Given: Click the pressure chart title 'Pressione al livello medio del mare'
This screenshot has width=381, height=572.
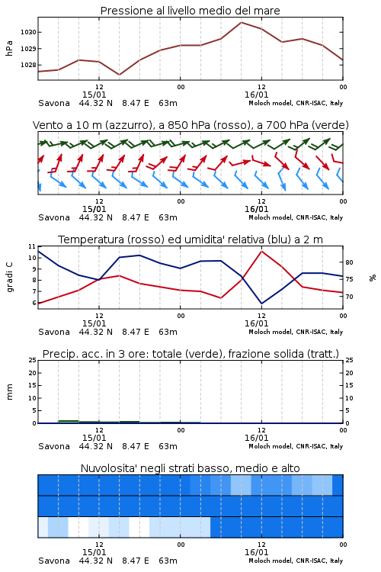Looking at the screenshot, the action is pos(190,11).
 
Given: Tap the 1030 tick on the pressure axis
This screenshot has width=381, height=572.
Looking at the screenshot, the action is pos(28,33).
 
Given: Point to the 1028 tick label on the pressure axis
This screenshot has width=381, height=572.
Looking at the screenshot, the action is pos(28,65).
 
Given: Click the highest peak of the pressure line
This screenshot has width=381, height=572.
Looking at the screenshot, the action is pos(241,22).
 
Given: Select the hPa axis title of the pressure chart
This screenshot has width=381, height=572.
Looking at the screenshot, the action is pos(9,48).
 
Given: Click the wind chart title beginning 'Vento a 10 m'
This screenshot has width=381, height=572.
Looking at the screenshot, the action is pos(190,125).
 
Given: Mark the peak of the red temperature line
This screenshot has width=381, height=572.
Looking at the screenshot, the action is pos(261,252).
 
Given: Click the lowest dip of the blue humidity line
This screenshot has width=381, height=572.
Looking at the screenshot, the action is pos(261,304).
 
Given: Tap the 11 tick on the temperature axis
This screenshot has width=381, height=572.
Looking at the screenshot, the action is pos(32,246).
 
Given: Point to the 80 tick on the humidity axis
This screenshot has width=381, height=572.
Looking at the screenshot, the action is pos(349,262).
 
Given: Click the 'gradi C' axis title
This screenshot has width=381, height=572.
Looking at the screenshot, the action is pos(9,278).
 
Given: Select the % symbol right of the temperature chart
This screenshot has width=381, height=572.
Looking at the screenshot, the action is pos(373,278).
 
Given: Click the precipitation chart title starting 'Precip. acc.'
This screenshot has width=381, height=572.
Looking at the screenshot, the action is pos(190,354).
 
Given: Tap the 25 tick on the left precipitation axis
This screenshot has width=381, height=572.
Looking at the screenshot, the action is pos(32,360).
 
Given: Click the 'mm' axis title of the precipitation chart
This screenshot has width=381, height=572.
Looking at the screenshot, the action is pos(9,392).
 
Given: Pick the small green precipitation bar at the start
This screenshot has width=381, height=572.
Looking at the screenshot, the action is pos(69,422).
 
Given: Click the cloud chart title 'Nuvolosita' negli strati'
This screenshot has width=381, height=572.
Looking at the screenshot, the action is pos(190,468).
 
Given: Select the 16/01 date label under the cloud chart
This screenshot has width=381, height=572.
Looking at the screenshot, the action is pos(256,552).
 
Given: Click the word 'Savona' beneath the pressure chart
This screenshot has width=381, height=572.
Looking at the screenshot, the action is pos(54,103).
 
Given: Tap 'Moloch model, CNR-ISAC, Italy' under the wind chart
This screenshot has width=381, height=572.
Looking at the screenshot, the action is pos(296,217).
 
